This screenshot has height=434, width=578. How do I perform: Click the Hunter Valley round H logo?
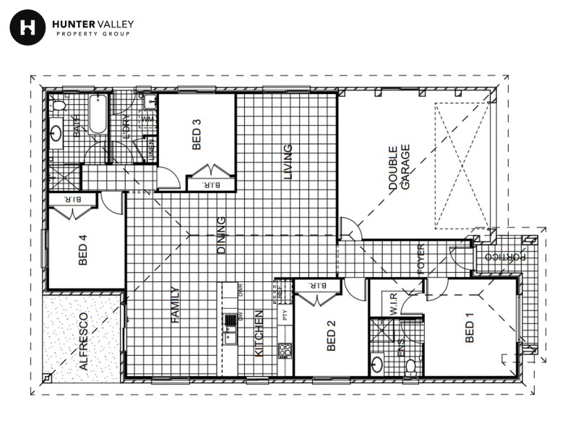tap(27, 27)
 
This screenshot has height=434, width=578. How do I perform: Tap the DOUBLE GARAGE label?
tap(400, 168)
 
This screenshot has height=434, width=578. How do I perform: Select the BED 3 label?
tap(197, 135)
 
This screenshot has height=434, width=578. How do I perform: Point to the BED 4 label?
tap(82, 250)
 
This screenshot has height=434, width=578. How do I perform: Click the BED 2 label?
tap(332, 336)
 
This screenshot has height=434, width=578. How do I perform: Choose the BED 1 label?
tap(470, 328)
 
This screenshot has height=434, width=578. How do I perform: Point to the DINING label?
tap(222, 235)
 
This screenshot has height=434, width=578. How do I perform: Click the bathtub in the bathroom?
tap(98, 114)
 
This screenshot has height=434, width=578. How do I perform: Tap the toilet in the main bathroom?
tap(59, 106)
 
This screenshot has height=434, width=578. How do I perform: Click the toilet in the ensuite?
tap(410, 365)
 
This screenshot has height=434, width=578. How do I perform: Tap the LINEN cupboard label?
tap(150, 150)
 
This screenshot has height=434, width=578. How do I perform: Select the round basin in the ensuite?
tap(377, 363)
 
